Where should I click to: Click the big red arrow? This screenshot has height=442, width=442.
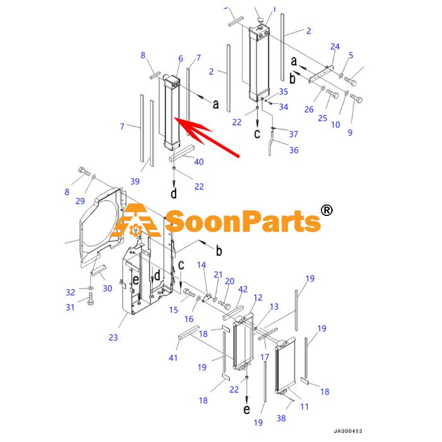tap(207, 137)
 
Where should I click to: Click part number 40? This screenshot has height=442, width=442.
tap(199, 162)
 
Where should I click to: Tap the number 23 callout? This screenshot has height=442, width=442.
tap(113, 337)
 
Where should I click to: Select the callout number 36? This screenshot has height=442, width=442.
tap(294, 150)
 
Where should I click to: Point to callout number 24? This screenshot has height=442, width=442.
tap(335, 47)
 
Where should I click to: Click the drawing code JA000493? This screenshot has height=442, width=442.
tap(348, 431)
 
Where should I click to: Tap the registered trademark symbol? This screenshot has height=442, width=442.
tap(326, 210)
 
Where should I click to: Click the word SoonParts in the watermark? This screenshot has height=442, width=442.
tap(242, 221)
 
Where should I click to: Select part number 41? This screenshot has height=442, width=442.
tap(173, 358)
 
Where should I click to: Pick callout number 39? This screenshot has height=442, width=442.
tap(134, 181)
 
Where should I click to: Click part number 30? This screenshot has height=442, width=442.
tap(107, 289)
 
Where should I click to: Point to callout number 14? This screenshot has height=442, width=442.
tap(201, 265)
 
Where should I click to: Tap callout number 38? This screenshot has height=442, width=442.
tap(281, 418)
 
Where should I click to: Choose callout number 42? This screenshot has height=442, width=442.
tap(242, 289)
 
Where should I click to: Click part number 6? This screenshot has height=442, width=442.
tap(181, 59)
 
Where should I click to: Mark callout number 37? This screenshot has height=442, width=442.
tap(294, 134)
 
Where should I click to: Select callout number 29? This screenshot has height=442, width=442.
tap(80, 201)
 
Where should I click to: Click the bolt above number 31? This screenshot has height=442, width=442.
tap(90, 299)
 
